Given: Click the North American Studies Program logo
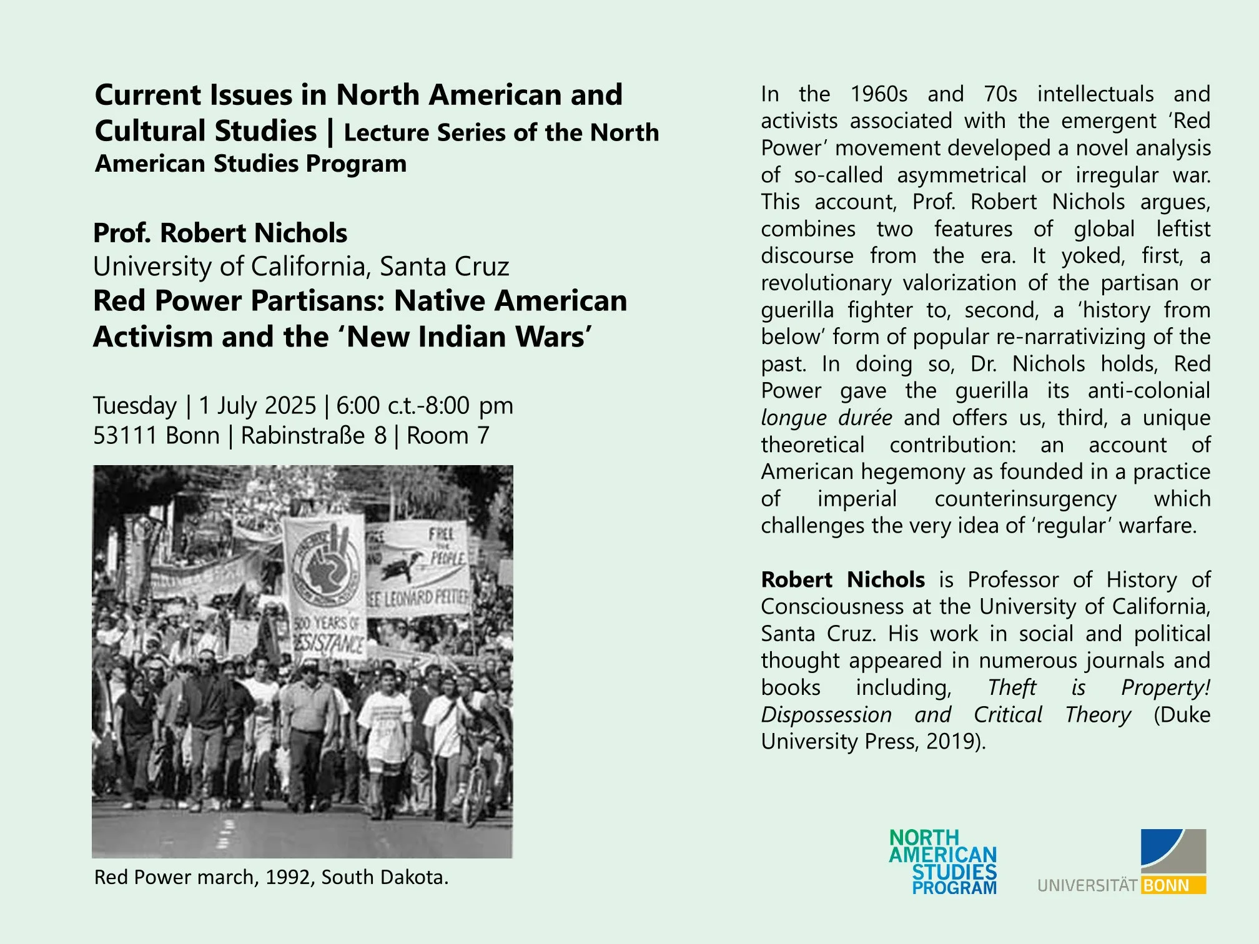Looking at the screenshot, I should [943, 862].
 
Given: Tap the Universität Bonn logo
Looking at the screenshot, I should [1122, 862].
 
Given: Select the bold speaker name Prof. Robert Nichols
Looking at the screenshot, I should [220, 233].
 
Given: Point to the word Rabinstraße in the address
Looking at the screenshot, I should [303, 436].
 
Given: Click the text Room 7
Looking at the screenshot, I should [448, 436].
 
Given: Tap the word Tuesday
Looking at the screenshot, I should [135, 406].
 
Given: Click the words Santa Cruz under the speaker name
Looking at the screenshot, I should [444, 267].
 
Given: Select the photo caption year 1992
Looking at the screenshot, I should [288, 877].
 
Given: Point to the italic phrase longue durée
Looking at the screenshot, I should [826, 418].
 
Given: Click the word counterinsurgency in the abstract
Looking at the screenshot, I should [1025, 499].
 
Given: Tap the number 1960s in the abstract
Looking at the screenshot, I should [879, 94].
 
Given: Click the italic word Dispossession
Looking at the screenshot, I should [826, 715].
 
